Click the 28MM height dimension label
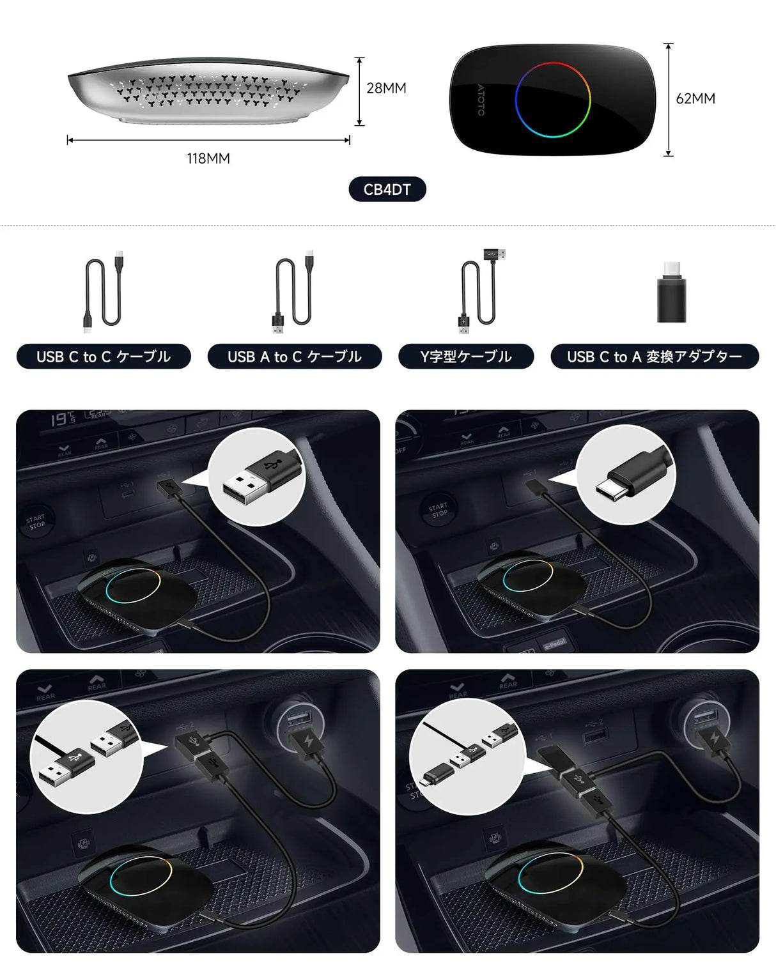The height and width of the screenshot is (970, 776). [x=386, y=88]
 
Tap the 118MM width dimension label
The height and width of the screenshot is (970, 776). [x=208, y=158]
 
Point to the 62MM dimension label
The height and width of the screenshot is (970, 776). [x=695, y=99]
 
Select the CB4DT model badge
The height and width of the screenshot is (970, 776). [x=387, y=189]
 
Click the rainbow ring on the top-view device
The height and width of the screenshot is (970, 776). [x=553, y=100]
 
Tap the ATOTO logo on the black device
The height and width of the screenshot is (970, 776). [x=481, y=100]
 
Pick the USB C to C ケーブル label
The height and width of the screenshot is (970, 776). [x=104, y=357]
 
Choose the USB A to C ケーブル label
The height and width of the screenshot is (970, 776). [x=295, y=357]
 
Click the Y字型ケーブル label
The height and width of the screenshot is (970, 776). [x=466, y=357]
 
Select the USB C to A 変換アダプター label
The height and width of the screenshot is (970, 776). [x=655, y=357]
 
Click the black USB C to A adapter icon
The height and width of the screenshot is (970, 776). [x=671, y=295]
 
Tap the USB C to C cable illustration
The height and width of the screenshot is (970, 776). [x=104, y=291]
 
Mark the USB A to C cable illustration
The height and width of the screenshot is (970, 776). [x=293, y=291]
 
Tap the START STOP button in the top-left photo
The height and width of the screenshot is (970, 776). [x=36, y=522]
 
